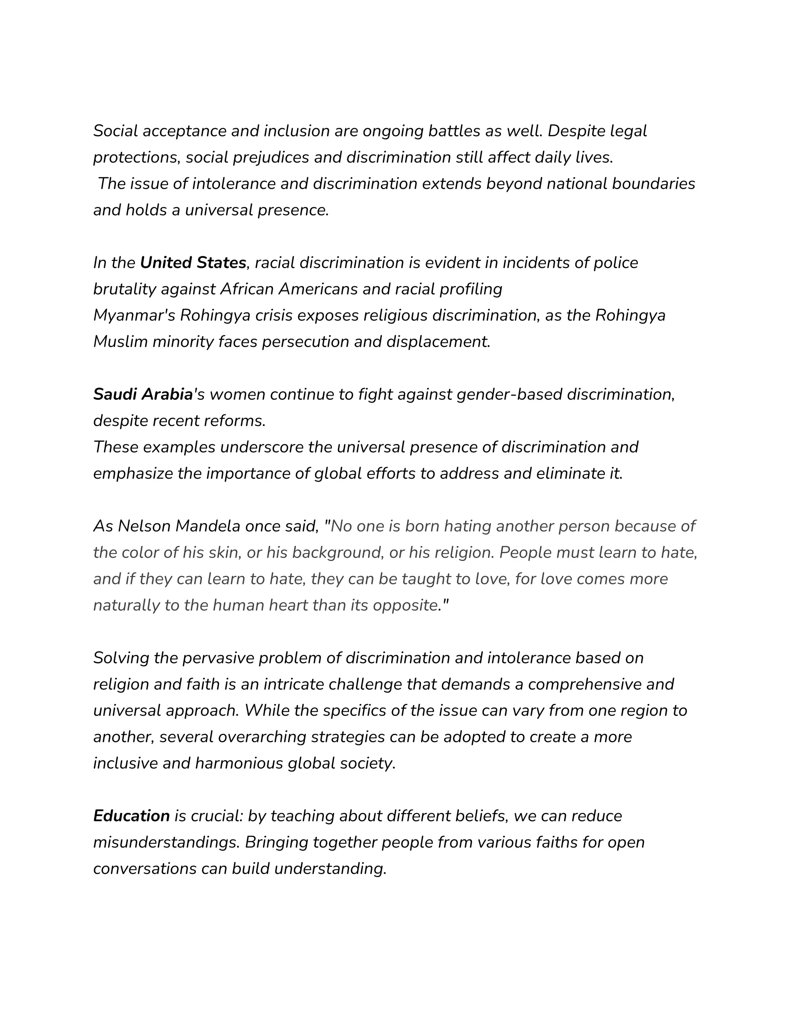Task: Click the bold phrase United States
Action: coord(193,263)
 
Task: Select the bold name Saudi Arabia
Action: coord(143,395)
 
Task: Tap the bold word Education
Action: coord(131,816)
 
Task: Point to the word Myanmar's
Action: coord(134,316)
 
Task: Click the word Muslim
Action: coord(121,342)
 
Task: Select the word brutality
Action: coord(124,290)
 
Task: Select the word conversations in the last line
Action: coord(145,869)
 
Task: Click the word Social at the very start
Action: coord(115,131)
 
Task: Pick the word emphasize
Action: coord(132,474)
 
